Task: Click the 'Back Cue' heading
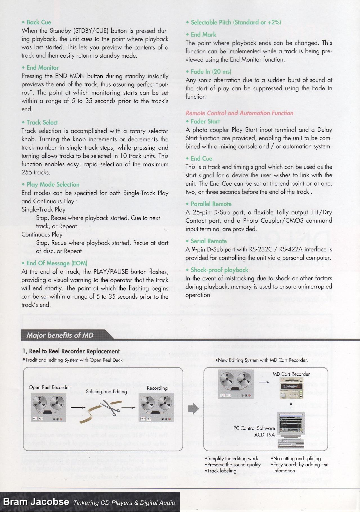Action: pos(39,22)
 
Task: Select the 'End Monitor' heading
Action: pos(42,67)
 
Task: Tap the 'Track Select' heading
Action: pos(42,122)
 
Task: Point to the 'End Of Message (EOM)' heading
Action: pos(57,263)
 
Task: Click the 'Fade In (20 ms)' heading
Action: pos(211,71)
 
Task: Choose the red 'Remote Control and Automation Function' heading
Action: pos(239,113)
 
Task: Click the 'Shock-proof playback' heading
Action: pos(219,270)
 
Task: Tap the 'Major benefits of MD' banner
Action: pos(60,335)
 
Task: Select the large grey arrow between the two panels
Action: pos(193,409)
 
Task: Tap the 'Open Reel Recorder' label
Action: pos(49,387)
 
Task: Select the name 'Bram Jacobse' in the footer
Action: pos(36,502)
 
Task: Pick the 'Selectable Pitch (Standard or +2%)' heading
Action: pos(236,22)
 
